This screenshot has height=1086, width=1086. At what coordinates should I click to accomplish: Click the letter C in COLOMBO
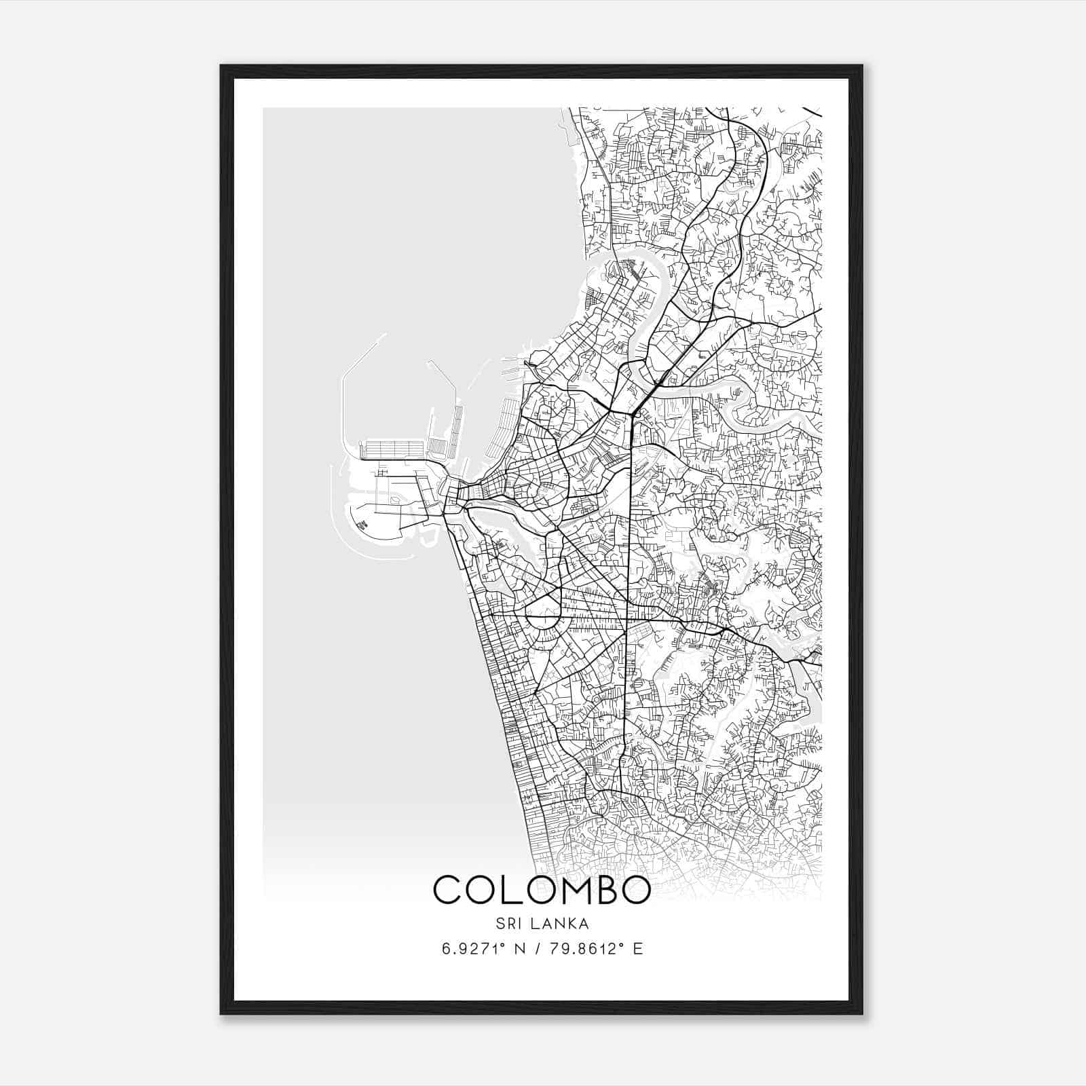(449, 890)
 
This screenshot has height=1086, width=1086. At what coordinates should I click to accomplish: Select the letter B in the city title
(601, 890)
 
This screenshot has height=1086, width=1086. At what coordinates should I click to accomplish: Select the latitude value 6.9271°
(474, 949)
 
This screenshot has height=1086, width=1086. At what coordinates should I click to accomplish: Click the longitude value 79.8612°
(588, 949)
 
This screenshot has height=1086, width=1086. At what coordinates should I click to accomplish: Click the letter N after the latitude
(521, 949)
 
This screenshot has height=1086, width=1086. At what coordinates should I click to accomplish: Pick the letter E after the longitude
(637, 949)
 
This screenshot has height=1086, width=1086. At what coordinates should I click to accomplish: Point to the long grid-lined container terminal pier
(394, 449)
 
